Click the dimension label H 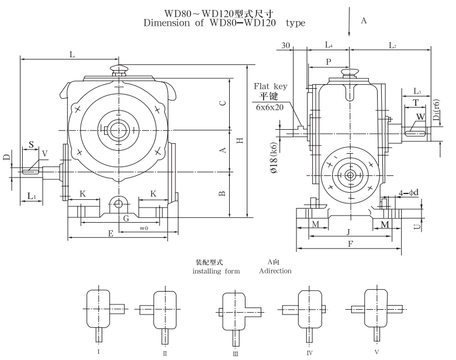pyautogui.click(x=240, y=140)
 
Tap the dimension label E pyautogui.click(x=110, y=233)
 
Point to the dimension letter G pyautogui.click(x=126, y=218)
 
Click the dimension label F pyautogui.click(x=350, y=244)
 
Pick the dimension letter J pyautogui.click(x=348, y=231)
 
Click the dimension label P pyautogui.click(x=329, y=61)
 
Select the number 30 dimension pyautogui.click(x=286, y=45)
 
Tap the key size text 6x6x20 pyautogui.click(x=270, y=107)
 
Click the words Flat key pyautogui.click(x=270, y=86)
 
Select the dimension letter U pyautogui.click(x=416, y=224)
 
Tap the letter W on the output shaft pyautogui.click(x=420, y=117)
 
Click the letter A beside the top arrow pyautogui.click(x=363, y=20)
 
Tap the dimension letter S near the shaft pyautogui.click(x=31, y=144)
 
